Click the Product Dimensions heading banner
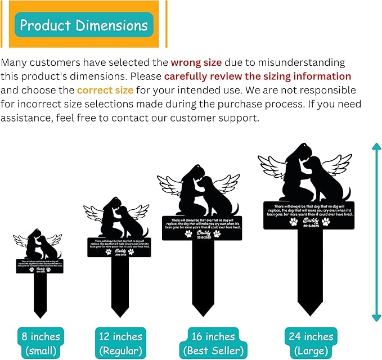click(x=84, y=25)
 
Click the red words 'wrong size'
click(x=196, y=62)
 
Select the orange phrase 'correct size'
click(x=105, y=90)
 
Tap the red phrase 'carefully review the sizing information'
click(x=258, y=76)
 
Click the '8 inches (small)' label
click(x=41, y=343)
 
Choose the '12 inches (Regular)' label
click(x=120, y=343)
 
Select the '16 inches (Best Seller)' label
click(x=212, y=343)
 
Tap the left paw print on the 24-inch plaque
click(x=293, y=222)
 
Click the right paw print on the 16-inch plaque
click(x=217, y=233)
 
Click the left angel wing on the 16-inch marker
click(x=169, y=187)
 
